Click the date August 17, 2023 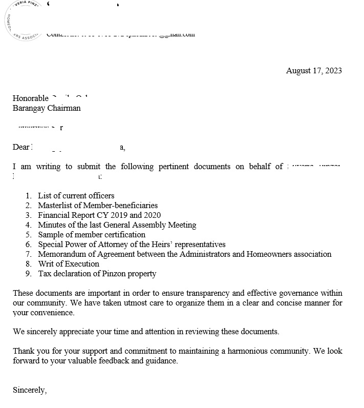(314, 71)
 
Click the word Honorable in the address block (31, 98)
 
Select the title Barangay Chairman (47, 108)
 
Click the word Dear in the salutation (21, 147)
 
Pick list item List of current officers (76, 196)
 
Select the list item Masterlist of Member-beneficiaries (98, 206)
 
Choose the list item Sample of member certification (92, 235)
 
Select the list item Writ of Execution (69, 264)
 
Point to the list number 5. (28, 235)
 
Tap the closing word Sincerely (30, 391)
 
